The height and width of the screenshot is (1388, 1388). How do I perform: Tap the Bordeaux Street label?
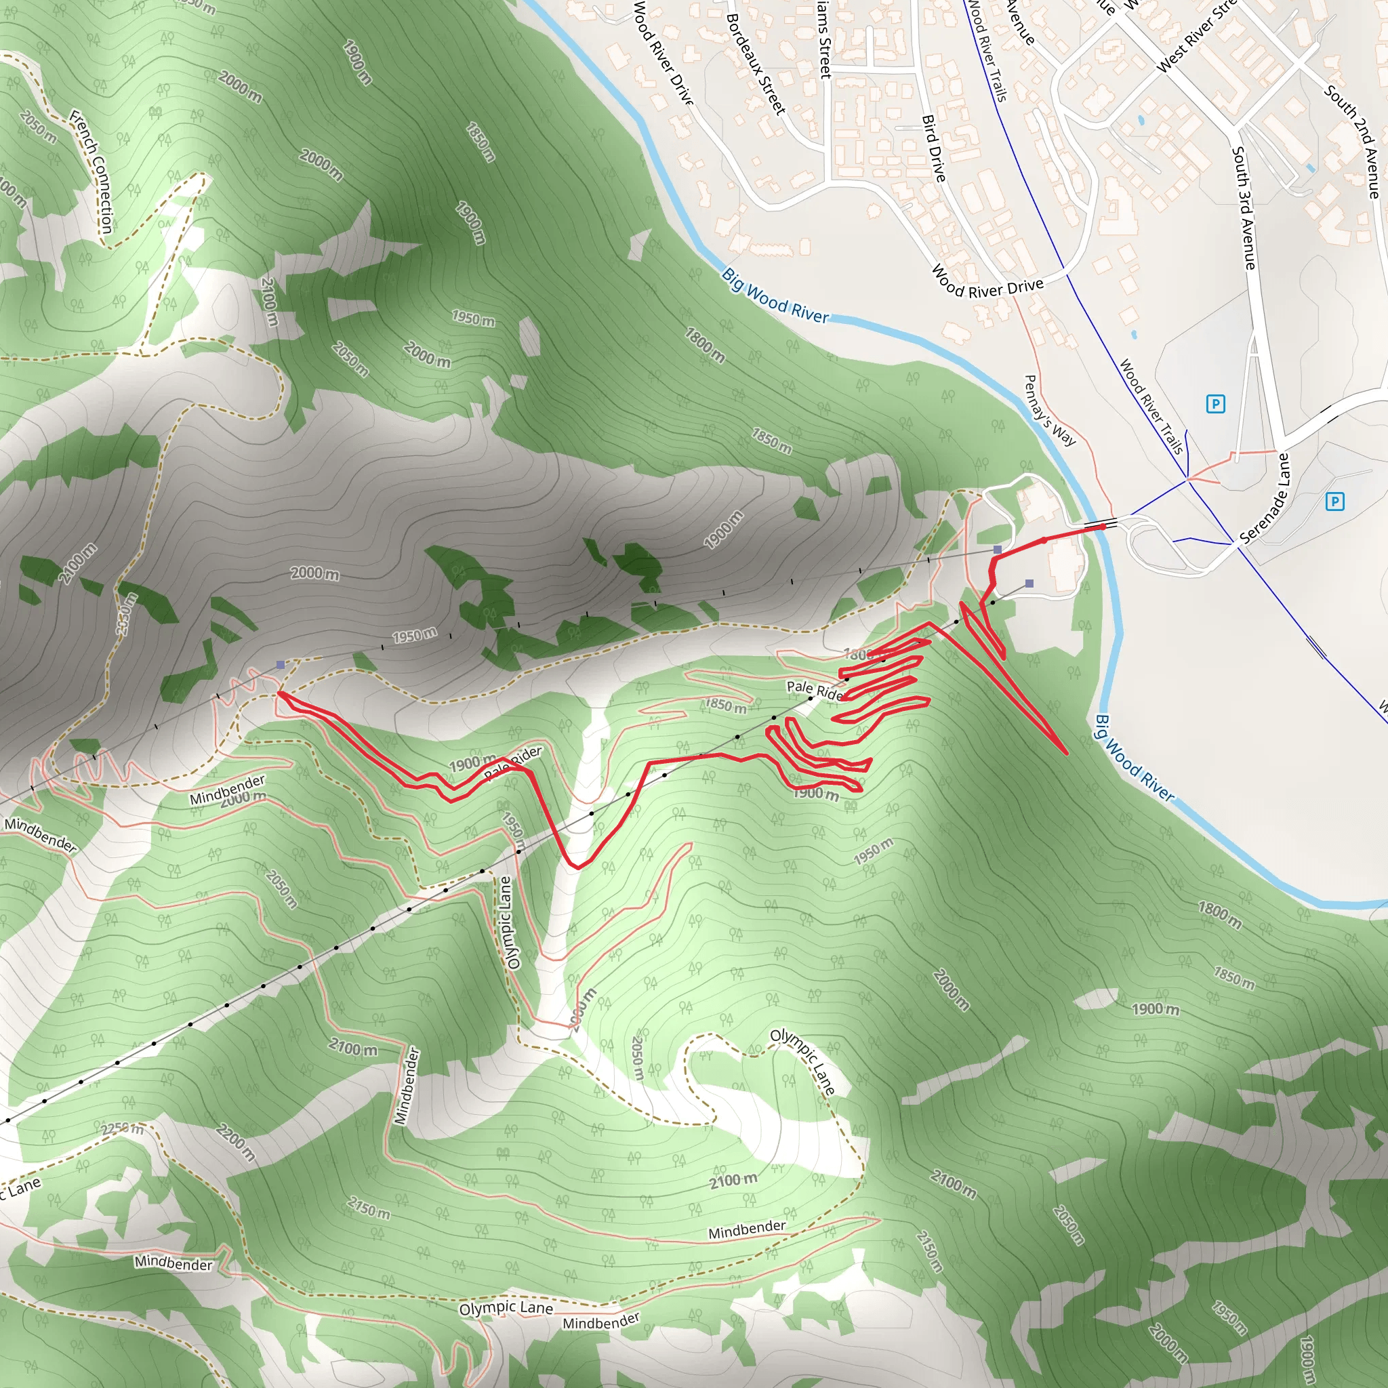coord(755,64)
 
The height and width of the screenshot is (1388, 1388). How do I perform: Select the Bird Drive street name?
coord(933,148)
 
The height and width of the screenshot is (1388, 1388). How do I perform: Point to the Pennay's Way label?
coord(1050,410)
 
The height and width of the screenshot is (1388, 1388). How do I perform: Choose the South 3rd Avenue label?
coord(1244,207)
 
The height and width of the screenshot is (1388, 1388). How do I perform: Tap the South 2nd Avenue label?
coord(1351,141)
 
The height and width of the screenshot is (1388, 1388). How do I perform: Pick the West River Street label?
coord(1196,36)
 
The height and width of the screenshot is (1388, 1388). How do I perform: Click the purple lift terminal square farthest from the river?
coord(280,666)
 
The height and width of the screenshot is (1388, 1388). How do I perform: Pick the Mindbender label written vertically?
coord(407,1086)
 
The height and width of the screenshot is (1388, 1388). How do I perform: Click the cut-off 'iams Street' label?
coord(823,39)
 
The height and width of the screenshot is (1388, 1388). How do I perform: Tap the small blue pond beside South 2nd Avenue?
coord(1311,168)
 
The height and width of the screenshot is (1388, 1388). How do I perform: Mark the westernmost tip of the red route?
coord(279,694)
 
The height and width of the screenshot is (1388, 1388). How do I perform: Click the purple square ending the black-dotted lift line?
coord(1029,584)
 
